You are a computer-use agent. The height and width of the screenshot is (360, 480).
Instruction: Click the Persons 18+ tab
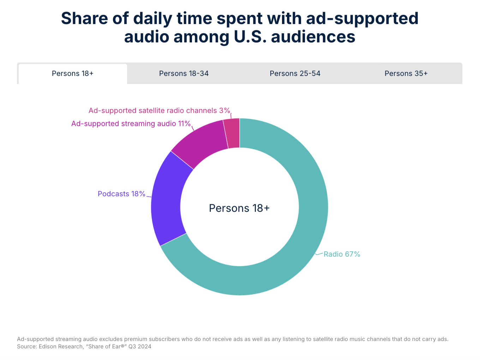pos(73,73)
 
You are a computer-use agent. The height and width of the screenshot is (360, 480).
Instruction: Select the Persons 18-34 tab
pos(184,73)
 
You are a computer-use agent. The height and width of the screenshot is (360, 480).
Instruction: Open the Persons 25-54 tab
pos(295,73)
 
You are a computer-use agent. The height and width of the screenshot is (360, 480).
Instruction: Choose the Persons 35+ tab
pos(406,73)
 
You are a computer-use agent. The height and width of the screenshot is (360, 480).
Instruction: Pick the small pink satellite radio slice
pos(233,133)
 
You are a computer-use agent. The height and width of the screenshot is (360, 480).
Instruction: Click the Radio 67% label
pos(342,254)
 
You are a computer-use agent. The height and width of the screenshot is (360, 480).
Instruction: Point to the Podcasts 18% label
pos(121,194)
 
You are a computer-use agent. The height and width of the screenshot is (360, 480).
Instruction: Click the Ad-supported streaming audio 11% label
pos(131,124)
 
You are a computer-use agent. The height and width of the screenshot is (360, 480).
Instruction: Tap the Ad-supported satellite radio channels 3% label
pos(159,110)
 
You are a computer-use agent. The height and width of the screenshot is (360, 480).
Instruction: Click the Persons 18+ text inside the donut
pos(239,208)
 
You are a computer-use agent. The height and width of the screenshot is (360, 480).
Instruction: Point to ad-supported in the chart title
pos(362,18)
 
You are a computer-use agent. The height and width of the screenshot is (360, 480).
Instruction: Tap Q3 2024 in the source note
pos(140,347)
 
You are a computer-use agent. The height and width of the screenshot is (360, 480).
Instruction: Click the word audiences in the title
pos(313,37)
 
